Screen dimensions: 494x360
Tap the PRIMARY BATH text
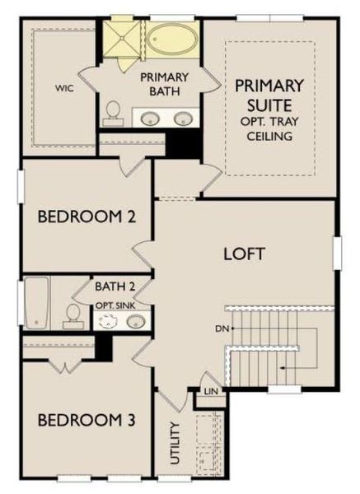click(164, 83)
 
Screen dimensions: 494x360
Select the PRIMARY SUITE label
click(269, 95)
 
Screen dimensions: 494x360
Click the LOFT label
click(245, 254)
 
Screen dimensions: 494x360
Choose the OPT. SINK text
click(115, 305)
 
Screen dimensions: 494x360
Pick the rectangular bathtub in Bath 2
click(37, 301)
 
